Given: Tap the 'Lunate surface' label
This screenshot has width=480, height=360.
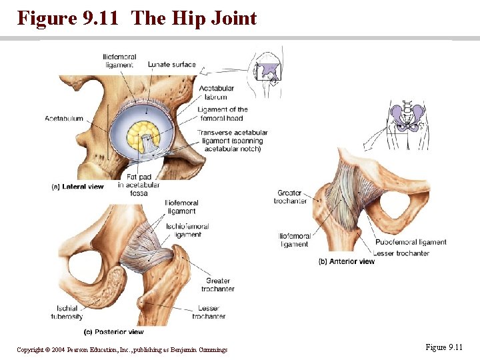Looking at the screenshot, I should pos(171,65).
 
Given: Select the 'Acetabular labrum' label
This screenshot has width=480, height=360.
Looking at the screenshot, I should pos(217,93).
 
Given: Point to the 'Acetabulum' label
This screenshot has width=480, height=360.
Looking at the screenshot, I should pos(64,119).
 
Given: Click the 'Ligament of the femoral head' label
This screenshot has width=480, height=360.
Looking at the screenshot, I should pos(222,114).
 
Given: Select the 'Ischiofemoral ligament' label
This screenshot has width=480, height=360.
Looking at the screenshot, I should pos(187,231).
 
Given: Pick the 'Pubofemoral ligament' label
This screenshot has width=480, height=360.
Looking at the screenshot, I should pos(410,243).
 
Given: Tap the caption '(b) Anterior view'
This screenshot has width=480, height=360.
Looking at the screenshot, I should pos(347,261).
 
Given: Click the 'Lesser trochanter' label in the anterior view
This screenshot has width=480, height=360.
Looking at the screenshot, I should pos(401,253).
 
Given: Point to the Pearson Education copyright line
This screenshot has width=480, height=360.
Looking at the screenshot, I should pos(122,350).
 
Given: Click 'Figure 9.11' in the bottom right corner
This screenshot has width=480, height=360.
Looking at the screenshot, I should pos(443,347).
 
